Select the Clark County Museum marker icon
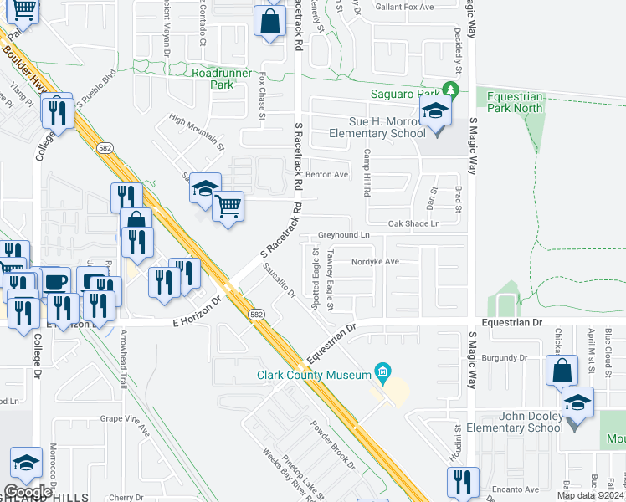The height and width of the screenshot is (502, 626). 382,370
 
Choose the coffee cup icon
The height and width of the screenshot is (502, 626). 56,283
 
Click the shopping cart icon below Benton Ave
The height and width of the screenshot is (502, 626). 228,205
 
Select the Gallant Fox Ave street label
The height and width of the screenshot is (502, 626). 405,8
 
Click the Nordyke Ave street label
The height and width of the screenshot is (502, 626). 375,261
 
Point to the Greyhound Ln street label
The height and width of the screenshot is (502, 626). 343,235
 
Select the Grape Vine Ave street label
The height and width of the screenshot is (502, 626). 125,424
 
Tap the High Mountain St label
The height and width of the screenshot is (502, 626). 198,131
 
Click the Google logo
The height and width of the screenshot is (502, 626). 28,492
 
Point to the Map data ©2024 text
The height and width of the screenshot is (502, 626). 589,495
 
